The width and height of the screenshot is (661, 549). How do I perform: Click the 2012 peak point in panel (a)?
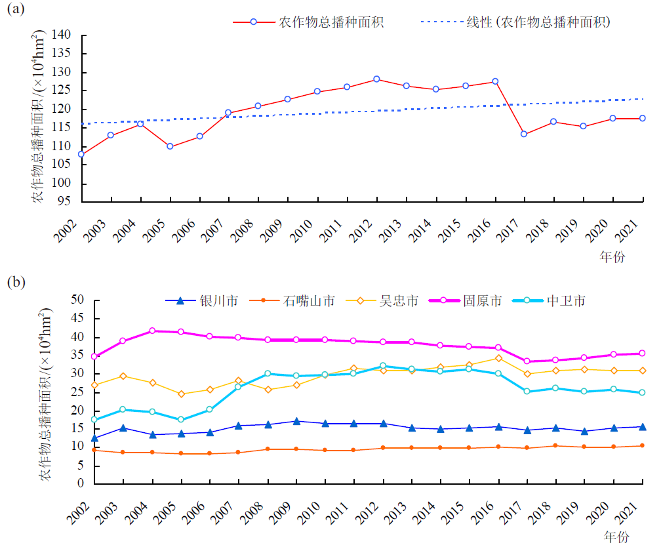coord(376,79)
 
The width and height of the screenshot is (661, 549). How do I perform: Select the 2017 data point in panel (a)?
coord(524,134)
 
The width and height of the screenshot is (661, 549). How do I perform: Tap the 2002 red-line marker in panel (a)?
coord(81,154)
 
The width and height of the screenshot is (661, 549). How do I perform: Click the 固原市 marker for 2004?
coord(153,331)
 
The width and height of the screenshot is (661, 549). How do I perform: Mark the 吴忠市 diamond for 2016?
coord(498,358)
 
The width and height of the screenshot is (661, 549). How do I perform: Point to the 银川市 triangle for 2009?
coord(296,421)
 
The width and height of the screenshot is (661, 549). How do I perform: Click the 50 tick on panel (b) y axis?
coord(78,300)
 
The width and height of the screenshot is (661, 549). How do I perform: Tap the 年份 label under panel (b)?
coord(616,537)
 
